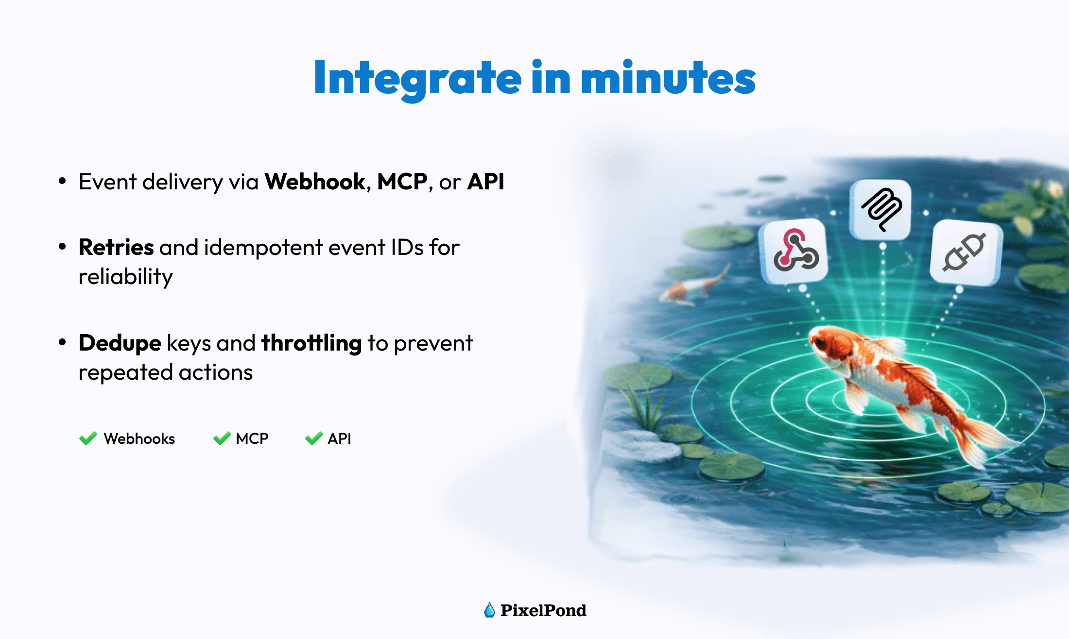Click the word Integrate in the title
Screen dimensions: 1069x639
coord(418,79)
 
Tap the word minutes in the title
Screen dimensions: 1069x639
coord(668,78)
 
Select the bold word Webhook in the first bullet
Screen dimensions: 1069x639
coord(315,182)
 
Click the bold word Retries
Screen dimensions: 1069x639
coord(116,247)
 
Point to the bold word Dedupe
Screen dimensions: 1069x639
coord(120,343)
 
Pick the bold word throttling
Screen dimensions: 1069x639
coord(311,343)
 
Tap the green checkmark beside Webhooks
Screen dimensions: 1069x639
coord(88,438)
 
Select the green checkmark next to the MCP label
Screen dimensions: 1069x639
coord(222,438)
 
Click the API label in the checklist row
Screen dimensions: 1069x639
coord(339,438)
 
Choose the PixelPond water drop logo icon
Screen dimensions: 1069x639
coord(489,610)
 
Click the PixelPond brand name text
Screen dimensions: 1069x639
coord(543,610)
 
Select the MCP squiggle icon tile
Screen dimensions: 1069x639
coord(881,210)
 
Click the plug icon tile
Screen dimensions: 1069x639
coord(966,252)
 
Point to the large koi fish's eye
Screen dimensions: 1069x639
coord(820,342)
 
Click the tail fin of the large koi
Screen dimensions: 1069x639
coord(982,439)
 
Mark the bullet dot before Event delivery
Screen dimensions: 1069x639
coord(62,181)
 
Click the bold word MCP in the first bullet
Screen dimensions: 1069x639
coord(402,182)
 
